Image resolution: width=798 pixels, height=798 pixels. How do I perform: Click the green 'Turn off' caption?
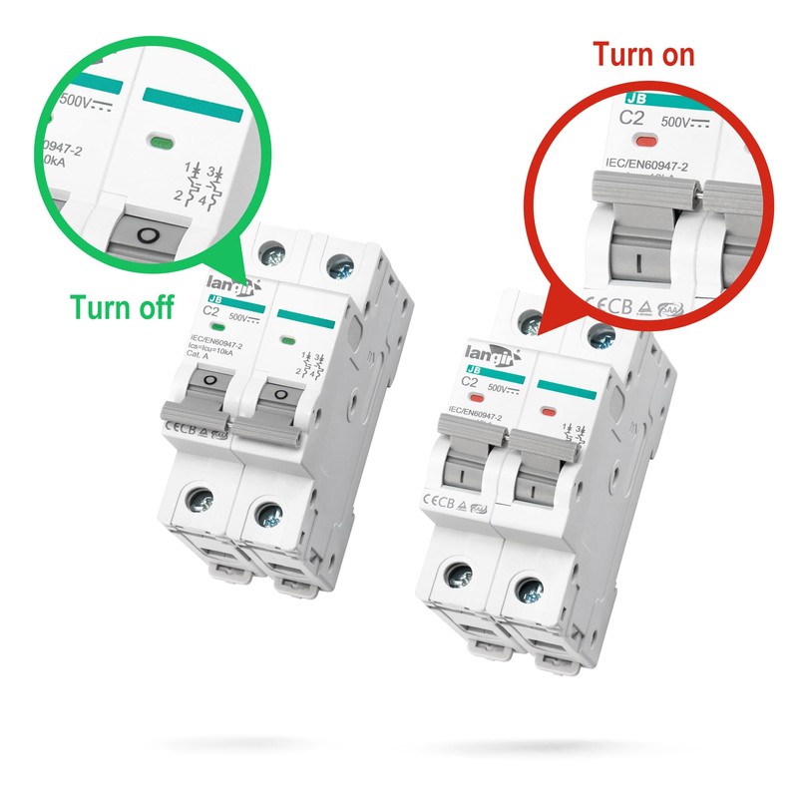point(122,307)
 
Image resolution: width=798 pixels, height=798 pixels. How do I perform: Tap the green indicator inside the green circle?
point(158,141)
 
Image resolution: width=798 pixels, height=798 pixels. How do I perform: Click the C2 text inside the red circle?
point(632,117)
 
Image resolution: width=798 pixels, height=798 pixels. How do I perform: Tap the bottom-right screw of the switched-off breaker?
point(267,516)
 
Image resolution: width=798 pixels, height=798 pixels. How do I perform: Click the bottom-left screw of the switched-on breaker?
point(459,574)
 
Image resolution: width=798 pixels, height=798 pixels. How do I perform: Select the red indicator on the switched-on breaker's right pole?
point(548,411)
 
